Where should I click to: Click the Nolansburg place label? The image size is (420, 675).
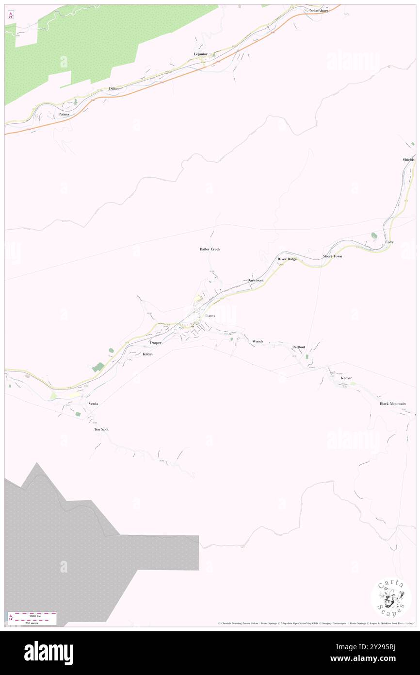point(319,10)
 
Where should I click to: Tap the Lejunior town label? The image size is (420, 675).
point(200,54)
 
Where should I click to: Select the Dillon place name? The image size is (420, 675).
point(113,89)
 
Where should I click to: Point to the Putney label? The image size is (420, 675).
point(64,114)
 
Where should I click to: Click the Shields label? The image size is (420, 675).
point(408,160)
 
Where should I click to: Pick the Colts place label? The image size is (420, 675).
point(389,242)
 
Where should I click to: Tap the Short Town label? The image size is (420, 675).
point(333,256)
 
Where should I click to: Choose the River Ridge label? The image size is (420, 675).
point(287,259)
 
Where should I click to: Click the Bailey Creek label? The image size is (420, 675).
point(210,249)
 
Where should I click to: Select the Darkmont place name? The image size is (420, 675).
point(255,281)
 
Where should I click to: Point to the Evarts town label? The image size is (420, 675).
point(210,316)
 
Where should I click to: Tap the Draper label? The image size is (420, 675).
point(155,343)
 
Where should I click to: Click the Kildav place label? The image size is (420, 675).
point(148,354)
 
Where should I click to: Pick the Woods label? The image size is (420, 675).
point(258,341)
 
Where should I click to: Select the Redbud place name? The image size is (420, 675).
point(298,347)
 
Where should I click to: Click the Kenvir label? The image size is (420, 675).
point(346,378)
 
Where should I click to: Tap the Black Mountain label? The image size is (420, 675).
point(392,404)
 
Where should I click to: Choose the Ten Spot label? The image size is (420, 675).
point(101,430)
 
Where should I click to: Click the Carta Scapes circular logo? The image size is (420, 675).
point(391,598)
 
